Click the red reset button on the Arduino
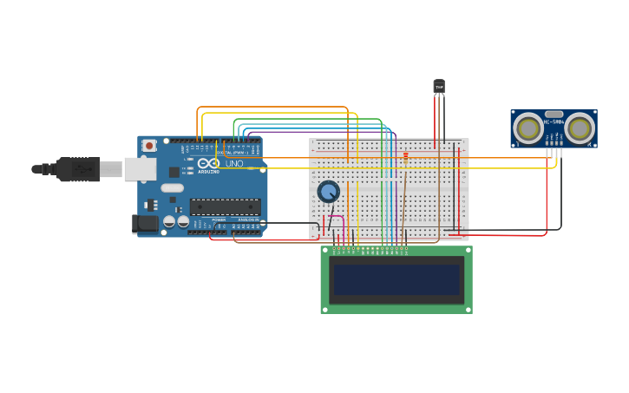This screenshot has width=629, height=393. [149, 146]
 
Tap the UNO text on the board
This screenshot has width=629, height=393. [234, 163]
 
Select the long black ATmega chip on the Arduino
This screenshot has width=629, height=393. [225, 206]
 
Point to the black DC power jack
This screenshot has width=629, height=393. [145, 224]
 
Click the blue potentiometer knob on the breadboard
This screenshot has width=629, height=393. [328, 192]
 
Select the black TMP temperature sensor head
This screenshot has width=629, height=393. [439, 87]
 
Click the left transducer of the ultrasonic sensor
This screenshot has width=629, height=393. [528, 128]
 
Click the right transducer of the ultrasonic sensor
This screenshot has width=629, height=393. [580, 128]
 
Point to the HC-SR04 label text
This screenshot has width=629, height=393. [554, 121]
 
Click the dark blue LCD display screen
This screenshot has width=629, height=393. [396, 279]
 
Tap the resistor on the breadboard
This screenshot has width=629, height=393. [405, 158]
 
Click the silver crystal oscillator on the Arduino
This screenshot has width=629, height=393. [172, 187]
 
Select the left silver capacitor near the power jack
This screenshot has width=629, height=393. [169, 221]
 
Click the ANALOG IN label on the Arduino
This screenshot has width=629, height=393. [246, 220]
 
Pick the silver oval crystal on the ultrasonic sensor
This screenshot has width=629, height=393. [554, 114]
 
